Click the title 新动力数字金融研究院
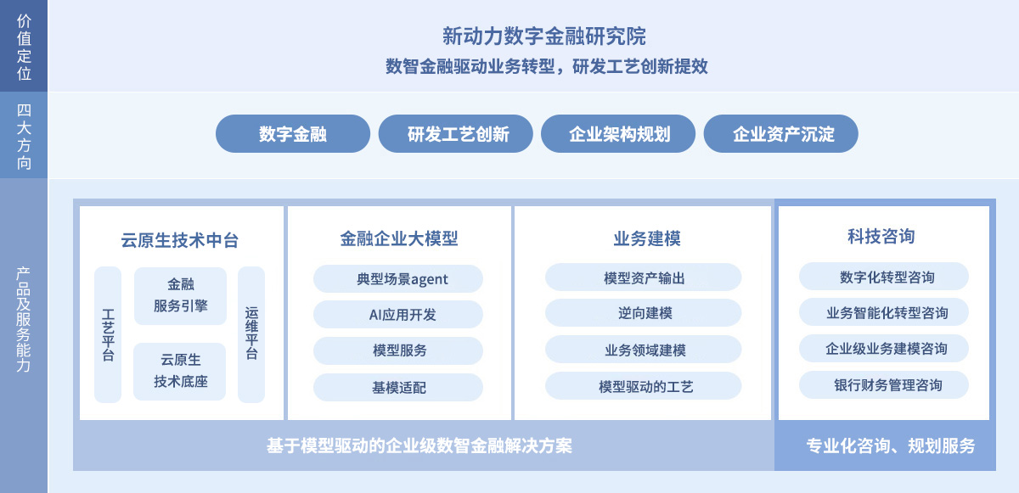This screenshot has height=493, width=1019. pos(544,36)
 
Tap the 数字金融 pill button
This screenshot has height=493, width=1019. pos(293,133)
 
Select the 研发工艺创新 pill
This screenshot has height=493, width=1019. pos(456,133)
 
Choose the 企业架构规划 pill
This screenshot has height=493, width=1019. pos(618,133)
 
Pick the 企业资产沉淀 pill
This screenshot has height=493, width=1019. pos(781,133)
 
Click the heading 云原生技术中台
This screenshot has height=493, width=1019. pos(180,240)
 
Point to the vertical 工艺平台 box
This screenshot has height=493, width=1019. pos(108,334)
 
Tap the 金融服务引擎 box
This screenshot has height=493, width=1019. pos(181,296)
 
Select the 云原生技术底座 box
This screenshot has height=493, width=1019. pos(180,371)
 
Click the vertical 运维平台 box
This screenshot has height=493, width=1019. pos(251,334)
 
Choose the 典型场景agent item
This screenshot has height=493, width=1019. pos(398,278)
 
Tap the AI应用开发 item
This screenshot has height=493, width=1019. pos(398,315)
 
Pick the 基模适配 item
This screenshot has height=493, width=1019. pos(398,387)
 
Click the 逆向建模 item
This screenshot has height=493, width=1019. pos(644,312)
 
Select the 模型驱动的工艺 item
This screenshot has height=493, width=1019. pos(644,386)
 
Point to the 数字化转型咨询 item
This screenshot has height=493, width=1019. pos(884,277)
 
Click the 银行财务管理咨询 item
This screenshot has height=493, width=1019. pos(884,385)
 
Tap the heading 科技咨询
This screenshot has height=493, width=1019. pos(881,236)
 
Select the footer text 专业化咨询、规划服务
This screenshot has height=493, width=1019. pos(891,445)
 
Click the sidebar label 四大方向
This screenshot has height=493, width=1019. pos(24,136)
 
